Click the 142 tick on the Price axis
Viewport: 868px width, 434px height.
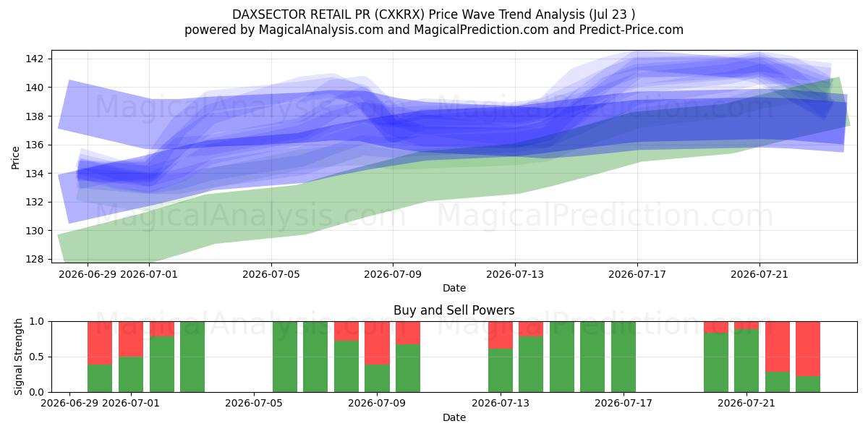pos(34,59)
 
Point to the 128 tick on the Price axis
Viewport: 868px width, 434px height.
pos(34,259)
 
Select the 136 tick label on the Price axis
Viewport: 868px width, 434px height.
pos(34,145)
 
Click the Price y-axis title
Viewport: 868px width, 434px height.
pos(15,158)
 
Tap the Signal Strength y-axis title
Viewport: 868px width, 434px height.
pos(18,357)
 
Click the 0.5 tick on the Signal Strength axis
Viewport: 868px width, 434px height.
pos(37,357)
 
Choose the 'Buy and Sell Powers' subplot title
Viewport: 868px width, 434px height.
pos(454,310)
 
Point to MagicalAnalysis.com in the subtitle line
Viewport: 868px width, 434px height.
pos(321,30)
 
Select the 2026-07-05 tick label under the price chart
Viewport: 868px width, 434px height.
pos(271,274)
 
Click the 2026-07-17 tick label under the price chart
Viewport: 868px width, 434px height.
pos(637,274)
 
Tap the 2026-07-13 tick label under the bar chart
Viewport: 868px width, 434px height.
pos(501,403)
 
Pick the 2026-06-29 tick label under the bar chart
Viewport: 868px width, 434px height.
pos(69,403)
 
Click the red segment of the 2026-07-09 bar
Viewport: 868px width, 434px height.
pos(377,343)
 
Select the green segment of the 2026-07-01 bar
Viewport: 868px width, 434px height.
pos(131,375)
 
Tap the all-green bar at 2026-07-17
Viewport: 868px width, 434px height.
pos(624,357)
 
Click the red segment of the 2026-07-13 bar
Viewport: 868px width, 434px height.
pos(501,335)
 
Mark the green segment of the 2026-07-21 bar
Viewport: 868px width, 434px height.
pos(746,361)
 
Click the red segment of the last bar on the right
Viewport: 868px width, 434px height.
pos(808,349)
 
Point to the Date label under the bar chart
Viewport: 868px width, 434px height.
pos(454,418)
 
